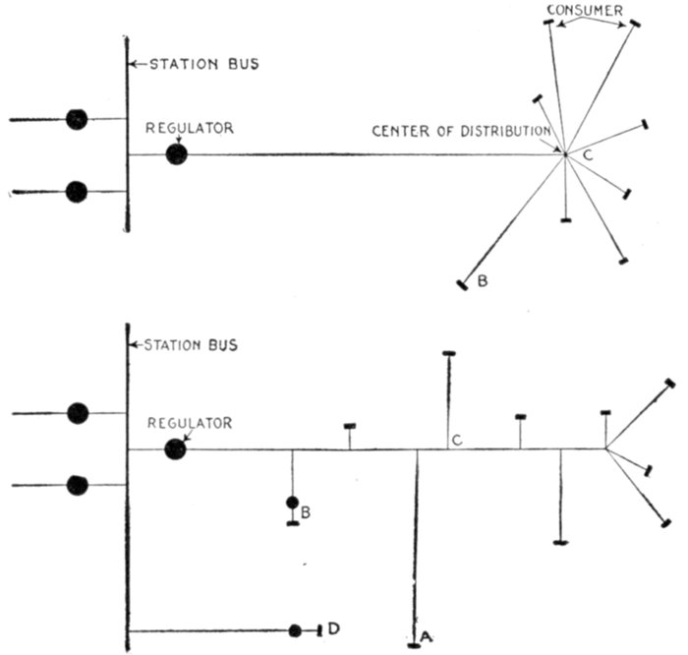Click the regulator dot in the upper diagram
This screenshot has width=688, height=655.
177,154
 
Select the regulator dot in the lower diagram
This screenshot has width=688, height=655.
175,448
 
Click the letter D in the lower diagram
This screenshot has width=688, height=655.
334,627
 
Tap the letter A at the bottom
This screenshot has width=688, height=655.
426,637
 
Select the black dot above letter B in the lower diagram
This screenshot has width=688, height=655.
292,503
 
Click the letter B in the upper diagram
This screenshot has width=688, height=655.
482,282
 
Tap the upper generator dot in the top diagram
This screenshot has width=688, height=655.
77,119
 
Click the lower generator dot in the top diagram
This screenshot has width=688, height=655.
77,192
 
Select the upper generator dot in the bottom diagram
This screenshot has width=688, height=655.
78,414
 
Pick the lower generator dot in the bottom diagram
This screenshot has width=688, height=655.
78,485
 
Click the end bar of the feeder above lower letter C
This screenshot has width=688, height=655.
449,353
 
